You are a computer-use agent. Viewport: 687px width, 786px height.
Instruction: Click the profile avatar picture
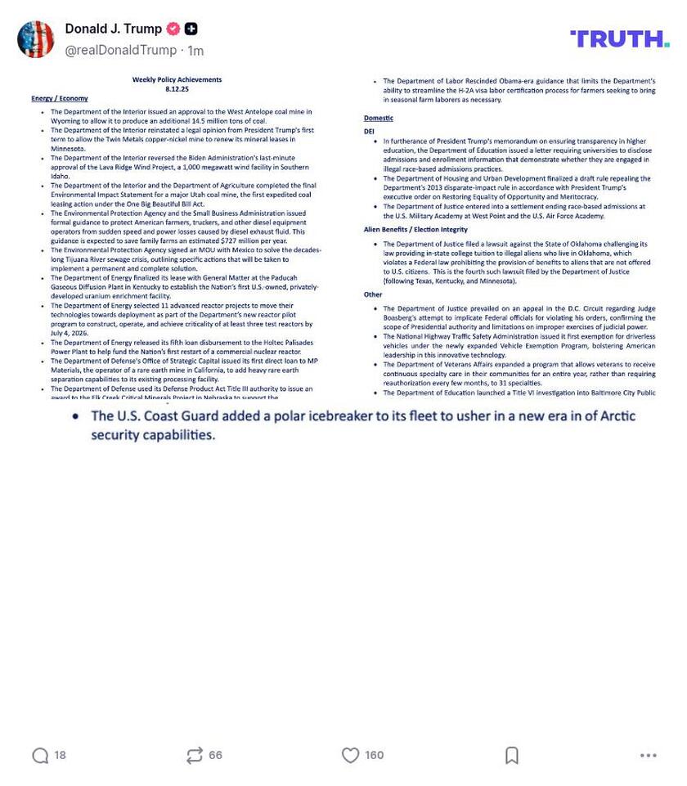click(35, 39)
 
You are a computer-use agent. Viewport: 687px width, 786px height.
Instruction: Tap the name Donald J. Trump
click(113, 29)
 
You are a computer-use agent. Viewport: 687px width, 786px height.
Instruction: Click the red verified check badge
click(173, 29)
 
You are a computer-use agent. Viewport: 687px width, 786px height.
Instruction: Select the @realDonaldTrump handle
click(120, 51)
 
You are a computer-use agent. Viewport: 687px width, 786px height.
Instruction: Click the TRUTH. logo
click(619, 38)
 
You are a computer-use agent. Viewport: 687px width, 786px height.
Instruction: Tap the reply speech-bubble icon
click(40, 756)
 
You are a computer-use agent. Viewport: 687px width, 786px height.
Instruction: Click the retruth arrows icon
click(194, 756)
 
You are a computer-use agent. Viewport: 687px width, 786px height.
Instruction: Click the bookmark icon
click(512, 756)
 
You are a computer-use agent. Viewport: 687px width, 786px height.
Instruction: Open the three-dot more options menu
click(649, 756)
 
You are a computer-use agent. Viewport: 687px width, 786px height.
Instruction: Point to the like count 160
click(375, 756)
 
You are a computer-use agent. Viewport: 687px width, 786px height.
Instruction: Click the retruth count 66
click(216, 756)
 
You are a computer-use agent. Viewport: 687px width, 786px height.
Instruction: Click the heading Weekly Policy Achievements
click(177, 80)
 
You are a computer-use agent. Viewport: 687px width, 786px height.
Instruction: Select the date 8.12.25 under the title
click(177, 89)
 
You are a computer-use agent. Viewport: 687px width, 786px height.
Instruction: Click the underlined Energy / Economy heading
click(60, 99)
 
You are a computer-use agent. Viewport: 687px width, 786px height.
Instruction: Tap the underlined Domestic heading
click(378, 119)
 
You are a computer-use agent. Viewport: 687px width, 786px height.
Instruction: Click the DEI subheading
click(369, 131)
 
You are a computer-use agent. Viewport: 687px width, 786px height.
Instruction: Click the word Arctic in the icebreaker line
click(617, 416)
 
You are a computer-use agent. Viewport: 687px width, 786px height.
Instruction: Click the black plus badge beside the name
click(191, 29)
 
